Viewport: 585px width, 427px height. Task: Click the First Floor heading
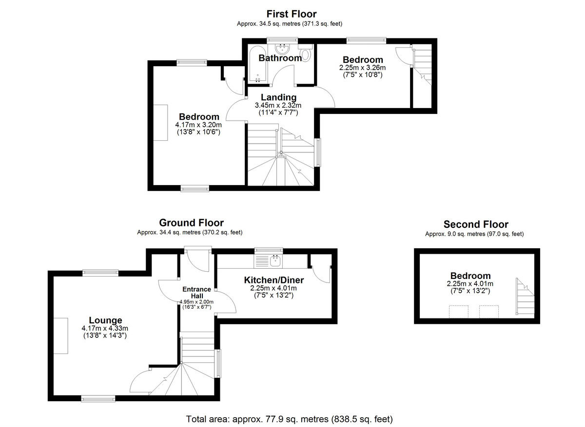[292, 14]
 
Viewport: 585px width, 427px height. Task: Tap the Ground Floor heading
[191, 223]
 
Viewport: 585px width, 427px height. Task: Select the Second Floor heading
[476, 224]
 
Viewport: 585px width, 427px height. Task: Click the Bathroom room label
[280, 58]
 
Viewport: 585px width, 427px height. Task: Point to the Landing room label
[278, 97]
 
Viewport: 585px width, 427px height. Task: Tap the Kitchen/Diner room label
[274, 280]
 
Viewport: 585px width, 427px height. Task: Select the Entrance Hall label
[196, 292]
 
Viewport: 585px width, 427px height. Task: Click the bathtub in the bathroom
[257, 65]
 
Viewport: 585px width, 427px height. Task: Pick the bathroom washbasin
[282, 48]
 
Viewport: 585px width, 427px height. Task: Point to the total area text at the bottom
[289, 419]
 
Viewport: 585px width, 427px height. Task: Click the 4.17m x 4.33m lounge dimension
[104, 329]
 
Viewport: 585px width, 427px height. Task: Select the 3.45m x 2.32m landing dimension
[278, 105]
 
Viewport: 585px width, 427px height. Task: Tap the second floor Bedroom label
[470, 276]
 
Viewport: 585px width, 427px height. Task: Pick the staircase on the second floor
[526, 297]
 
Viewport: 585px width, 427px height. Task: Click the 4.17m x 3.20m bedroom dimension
[198, 125]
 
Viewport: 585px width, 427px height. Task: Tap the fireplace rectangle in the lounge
[61, 336]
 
